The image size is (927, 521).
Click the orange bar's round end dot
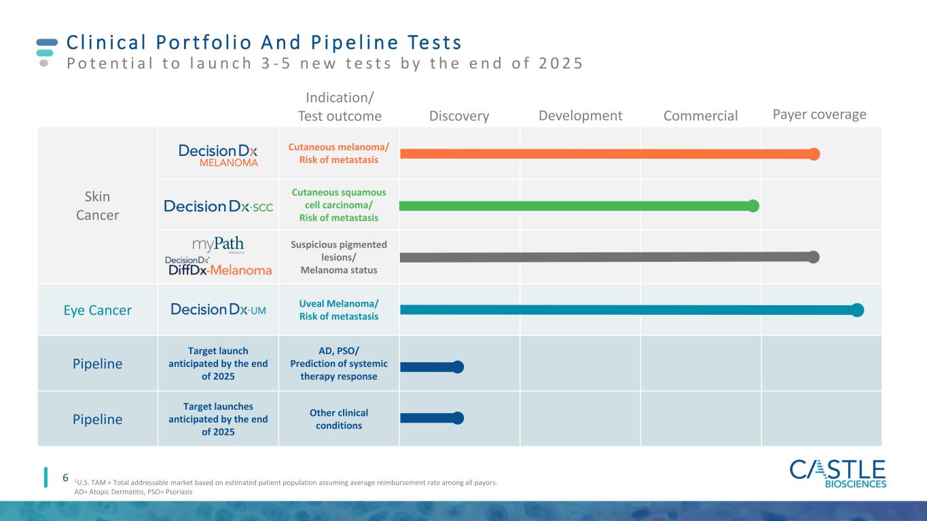click(x=814, y=154)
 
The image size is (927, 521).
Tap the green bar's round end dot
click(x=753, y=206)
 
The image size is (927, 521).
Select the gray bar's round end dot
click(x=814, y=257)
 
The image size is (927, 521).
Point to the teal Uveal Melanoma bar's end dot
click(x=858, y=310)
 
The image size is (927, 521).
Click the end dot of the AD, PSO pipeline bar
click(x=458, y=367)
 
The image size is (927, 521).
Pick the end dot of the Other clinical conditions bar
click(x=458, y=418)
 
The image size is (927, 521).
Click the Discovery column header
click(x=459, y=116)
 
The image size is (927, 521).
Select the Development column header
click(x=580, y=116)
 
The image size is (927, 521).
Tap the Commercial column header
click(x=701, y=116)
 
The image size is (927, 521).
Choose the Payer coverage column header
click(x=820, y=115)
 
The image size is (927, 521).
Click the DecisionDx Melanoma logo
click(x=218, y=155)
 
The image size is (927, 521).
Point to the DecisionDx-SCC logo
click(x=219, y=206)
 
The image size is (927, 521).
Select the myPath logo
click(x=218, y=244)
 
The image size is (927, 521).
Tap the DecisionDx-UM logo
click(x=218, y=309)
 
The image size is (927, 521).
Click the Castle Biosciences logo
click(x=838, y=474)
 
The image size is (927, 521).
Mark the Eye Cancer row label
click(x=97, y=310)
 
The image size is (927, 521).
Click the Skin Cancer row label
click(x=97, y=206)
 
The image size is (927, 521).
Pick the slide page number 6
click(x=65, y=478)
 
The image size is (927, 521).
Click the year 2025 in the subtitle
click(x=561, y=64)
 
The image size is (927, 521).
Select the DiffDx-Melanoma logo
click(x=219, y=267)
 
